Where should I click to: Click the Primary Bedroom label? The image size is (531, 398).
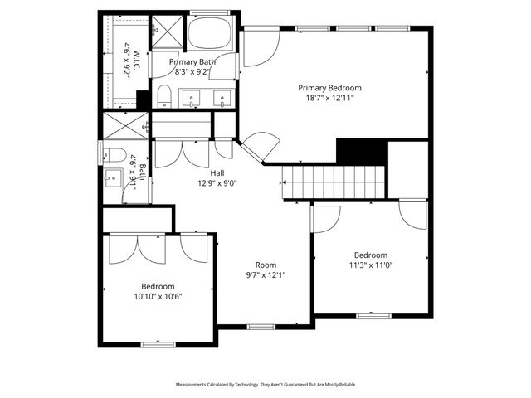point(329,87)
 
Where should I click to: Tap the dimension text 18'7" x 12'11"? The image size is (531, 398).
point(329,98)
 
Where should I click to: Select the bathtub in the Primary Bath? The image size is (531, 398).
point(211,35)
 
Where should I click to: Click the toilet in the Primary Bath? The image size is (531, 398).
point(163,97)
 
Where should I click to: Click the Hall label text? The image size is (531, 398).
point(217,172)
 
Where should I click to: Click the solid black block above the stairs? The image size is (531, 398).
point(362,151)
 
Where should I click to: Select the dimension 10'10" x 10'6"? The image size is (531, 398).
point(157,296)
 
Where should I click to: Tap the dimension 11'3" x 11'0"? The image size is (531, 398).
point(370,265)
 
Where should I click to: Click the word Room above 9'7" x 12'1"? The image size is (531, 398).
point(265,265)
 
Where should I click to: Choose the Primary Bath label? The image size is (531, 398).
point(192,62)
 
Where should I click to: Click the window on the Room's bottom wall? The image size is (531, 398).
point(261,327)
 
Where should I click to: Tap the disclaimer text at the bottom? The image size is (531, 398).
point(265,385)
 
